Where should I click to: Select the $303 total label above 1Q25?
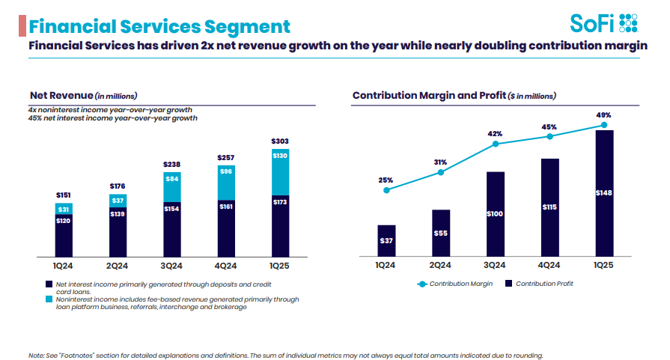[280, 141]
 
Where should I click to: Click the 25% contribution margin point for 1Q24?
[386, 190]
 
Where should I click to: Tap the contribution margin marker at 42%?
[495, 144]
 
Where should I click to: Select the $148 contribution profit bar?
[603, 193]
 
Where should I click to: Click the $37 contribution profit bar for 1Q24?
[386, 240]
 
